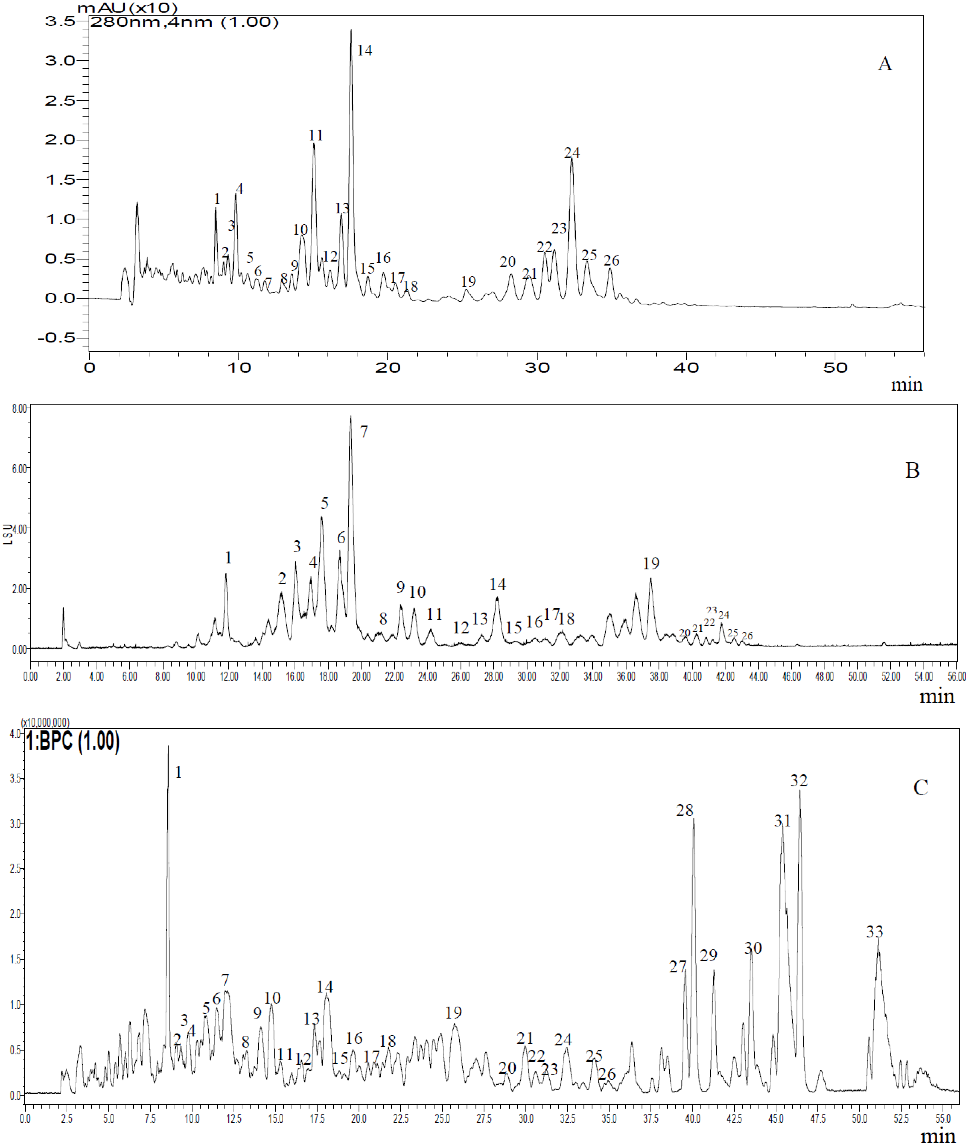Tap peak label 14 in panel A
point(365,50)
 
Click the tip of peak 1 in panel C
point(168,746)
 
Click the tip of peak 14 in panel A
point(351,30)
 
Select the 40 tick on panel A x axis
point(686,368)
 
